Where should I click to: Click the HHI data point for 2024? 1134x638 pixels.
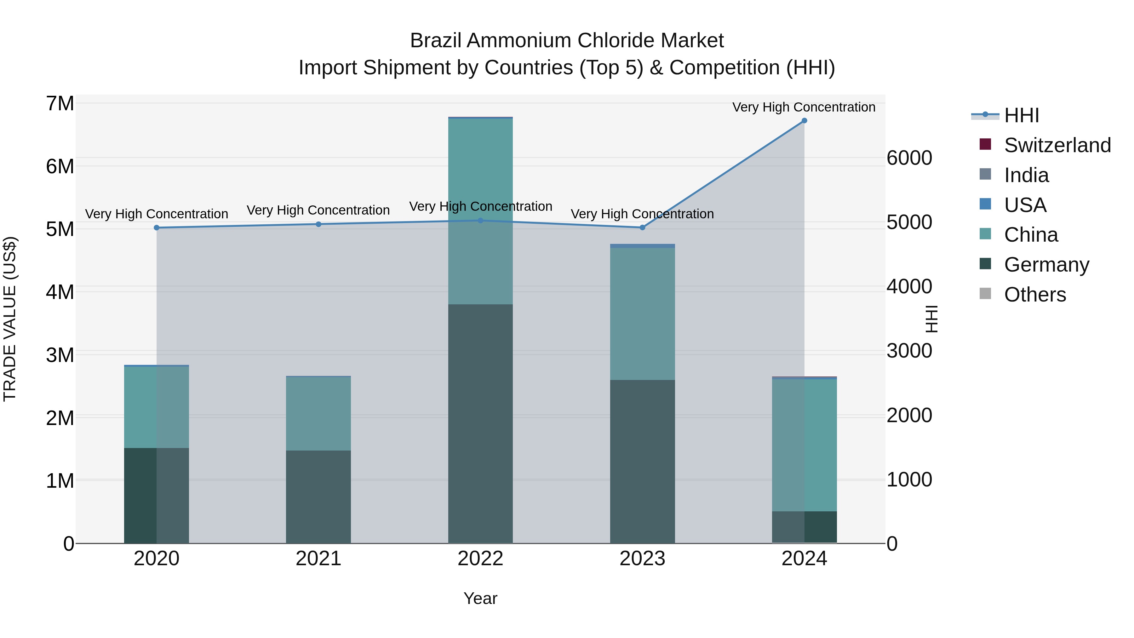tap(804, 121)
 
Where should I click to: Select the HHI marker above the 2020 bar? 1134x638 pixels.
tap(157, 228)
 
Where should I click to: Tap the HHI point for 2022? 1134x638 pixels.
tap(480, 221)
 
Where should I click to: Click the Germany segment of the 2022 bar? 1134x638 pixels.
tap(480, 423)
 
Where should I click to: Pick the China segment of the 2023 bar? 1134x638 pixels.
tap(642, 313)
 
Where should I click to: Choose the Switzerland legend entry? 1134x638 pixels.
tap(1057, 145)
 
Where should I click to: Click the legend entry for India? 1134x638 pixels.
tap(1026, 175)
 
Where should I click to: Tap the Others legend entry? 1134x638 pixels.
tap(1034, 295)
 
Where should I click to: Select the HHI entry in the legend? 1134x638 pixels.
tap(1021, 115)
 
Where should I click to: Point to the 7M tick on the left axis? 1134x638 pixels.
tap(60, 104)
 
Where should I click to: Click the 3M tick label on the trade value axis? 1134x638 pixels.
tap(60, 355)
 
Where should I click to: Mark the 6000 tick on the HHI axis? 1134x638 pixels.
tap(909, 158)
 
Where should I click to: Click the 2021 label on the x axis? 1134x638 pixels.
tap(318, 559)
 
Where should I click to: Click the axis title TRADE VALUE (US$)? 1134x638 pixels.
tap(10, 319)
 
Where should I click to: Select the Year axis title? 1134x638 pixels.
tap(480, 598)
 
